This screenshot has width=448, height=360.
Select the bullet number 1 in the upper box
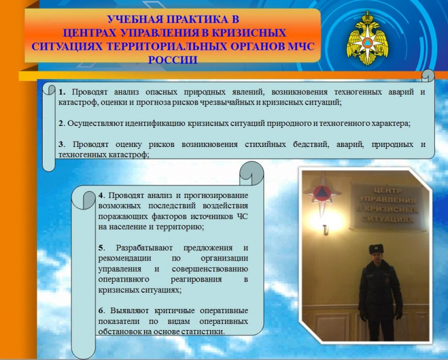61,92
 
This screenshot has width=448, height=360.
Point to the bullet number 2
61,124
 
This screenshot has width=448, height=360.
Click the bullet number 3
61,145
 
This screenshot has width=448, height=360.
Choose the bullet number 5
101,247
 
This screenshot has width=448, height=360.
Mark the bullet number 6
101,310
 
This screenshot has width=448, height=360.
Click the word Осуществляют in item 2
95,124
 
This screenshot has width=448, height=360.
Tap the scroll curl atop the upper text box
428,75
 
